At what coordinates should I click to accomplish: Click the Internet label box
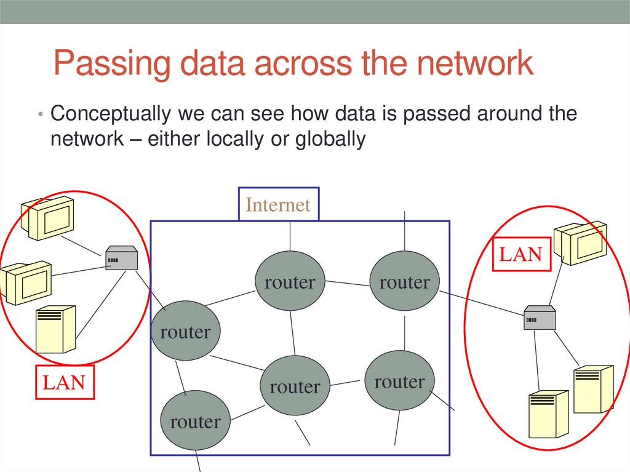pyautogui.click(x=279, y=204)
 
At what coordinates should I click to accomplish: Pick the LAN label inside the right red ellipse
pyautogui.click(x=520, y=254)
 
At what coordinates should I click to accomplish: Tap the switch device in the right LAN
pyautogui.click(x=540, y=318)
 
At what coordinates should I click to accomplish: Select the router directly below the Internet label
pyautogui.click(x=290, y=281)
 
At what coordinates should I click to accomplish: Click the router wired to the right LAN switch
pyautogui.click(x=404, y=281)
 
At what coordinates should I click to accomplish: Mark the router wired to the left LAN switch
pyautogui.click(x=185, y=332)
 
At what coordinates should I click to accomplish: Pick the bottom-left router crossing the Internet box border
pyautogui.click(x=195, y=422)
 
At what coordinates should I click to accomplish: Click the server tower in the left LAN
pyautogui.click(x=55, y=329)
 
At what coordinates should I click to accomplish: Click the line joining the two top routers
pyautogui.click(x=346, y=283)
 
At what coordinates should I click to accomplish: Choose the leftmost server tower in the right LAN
pyautogui.click(x=548, y=414)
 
